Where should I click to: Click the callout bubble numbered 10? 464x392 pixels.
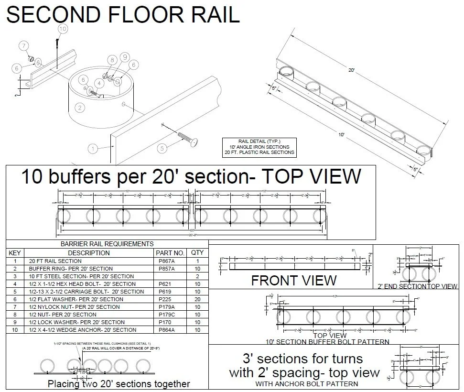63,29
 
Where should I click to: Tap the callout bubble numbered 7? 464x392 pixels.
23,46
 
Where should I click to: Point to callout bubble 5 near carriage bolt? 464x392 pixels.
162,148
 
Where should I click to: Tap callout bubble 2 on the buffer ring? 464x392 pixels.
80,108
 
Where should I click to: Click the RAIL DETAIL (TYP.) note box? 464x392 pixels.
259,147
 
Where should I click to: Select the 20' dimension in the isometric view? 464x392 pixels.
351,70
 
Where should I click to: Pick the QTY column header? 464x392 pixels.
197,253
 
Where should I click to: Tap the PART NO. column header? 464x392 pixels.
170,253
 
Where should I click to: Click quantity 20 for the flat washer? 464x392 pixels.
197,299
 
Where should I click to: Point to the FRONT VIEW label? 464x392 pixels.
293,280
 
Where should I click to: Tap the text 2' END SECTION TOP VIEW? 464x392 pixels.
417,286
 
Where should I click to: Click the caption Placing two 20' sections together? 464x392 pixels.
119,384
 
